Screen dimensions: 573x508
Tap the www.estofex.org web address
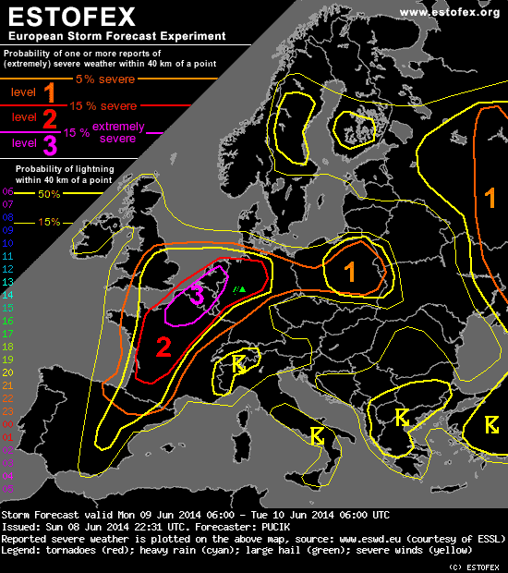click(449, 11)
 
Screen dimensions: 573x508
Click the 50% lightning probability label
click(49, 195)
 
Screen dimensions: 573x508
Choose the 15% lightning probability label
click(49, 222)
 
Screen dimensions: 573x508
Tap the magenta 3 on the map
click(197, 294)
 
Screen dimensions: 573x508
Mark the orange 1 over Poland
click(349, 270)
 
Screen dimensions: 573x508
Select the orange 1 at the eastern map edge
click(490, 197)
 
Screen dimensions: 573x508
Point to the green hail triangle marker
click(241, 289)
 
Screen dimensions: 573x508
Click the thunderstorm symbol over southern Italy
click(318, 434)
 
